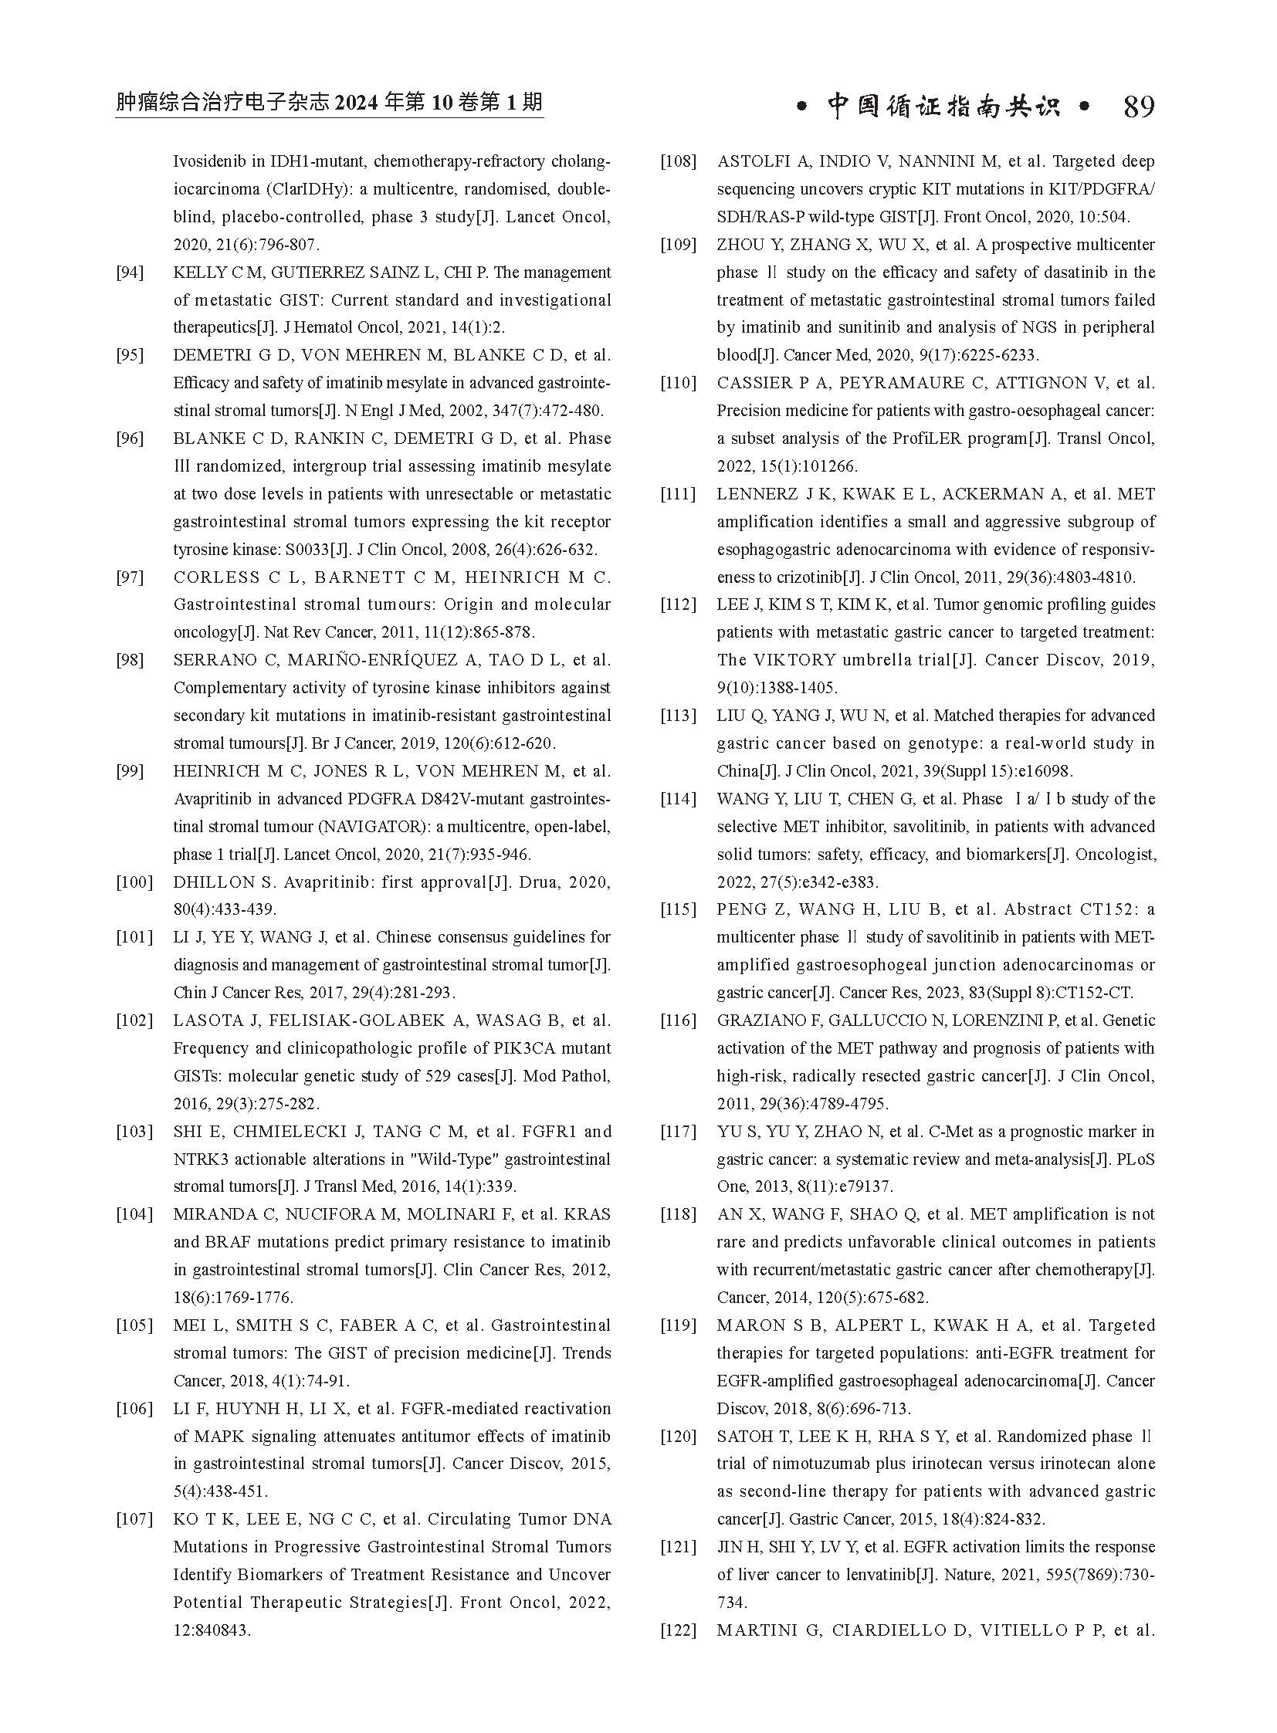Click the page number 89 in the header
point(1138,107)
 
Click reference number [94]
point(130,272)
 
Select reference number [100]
point(134,882)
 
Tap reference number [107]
point(134,1519)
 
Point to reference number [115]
point(678,909)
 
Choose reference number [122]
point(678,1630)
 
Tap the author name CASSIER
point(754,383)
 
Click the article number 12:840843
point(212,1630)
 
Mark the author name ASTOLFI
point(753,161)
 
